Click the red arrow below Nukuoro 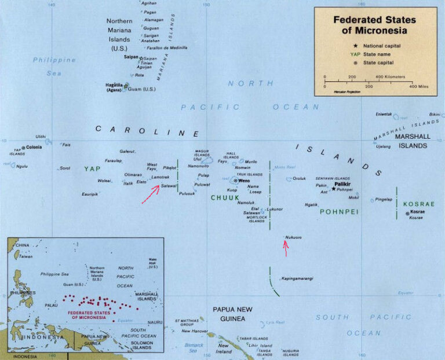click(285, 248)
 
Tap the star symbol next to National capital click(355, 45)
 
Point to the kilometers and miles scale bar click(370, 81)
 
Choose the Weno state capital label click(243, 180)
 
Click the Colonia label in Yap click(34, 147)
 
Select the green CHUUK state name click(224, 198)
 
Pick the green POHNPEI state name click(339, 212)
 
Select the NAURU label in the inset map click(155, 322)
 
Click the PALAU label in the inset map click(52, 305)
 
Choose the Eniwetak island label click(384, 114)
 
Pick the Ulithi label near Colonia click(41, 137)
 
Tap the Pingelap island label click(384, 199)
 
